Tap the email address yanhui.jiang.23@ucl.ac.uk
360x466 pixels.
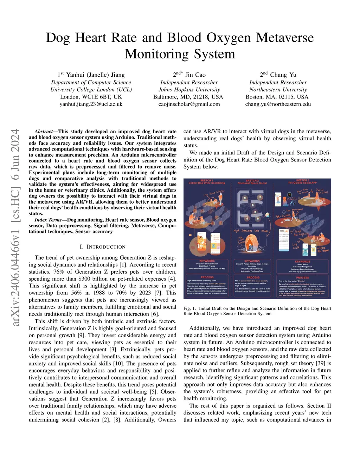pyautogui.click(x=91, y=104)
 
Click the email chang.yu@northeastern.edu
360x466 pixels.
pyautogui.click(x=278, y=104)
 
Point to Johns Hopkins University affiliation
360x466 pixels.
pyautogui.click(x=189, y=90)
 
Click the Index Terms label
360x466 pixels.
pyautogui.click(x=48, y=220)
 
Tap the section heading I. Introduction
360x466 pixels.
pyautogui.click(x=102, y=247)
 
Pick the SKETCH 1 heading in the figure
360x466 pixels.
pyautogui.click(x=206, y=180)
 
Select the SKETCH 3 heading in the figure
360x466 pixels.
pyautogui.click(x=302, y=180)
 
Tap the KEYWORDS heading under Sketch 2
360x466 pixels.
pyautogui.click(x=252, y=261)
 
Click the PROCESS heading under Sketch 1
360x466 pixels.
pyautogui.click(x=207, y=277)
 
